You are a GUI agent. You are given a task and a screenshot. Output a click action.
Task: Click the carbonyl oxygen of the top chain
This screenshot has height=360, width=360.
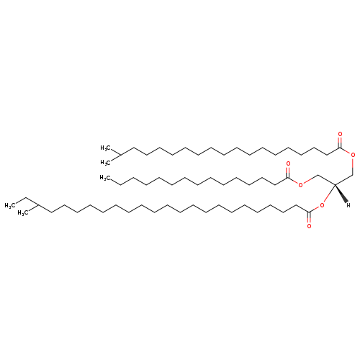pos(340,134)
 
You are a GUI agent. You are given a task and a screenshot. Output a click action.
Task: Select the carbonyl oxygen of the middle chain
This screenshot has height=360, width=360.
pos(288,164)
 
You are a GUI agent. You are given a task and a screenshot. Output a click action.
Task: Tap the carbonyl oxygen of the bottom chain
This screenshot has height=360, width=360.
pos(309,226)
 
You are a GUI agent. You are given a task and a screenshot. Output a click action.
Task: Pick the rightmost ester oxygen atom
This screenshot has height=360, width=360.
pos(353,155)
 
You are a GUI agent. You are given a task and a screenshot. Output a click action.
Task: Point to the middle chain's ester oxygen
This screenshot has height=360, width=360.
pos(300,185)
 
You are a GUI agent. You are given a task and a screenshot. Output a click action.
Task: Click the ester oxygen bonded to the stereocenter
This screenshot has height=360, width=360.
pos(322,205)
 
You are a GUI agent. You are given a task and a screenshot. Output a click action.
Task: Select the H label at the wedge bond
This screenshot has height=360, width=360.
pos(348,205)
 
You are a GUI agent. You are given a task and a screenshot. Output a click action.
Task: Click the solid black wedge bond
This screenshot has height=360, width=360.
pos(341,193)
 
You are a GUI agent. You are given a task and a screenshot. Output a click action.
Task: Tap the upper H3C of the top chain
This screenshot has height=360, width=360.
pos(105,148)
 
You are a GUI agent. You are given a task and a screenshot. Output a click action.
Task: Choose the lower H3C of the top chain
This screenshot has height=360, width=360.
pos(105,163)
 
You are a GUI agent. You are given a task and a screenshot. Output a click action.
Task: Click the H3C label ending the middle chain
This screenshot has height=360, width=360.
pos(105,178)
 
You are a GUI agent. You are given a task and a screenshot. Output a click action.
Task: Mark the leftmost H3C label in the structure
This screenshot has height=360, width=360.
pos(10,205)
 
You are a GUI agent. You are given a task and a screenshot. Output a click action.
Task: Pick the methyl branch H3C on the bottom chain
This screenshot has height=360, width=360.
pos(23,213)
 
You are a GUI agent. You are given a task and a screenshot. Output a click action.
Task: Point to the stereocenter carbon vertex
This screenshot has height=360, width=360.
pos(335,184)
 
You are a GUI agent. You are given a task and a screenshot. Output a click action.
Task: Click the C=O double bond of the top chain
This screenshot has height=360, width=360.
pos(340,143)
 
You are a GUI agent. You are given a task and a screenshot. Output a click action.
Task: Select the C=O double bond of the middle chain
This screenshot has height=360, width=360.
pos(288,172)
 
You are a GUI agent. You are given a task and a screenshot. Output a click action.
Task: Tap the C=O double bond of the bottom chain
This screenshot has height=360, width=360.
pos(309,217)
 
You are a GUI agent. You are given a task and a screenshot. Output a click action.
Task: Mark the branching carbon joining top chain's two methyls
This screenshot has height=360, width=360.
pos(120,156)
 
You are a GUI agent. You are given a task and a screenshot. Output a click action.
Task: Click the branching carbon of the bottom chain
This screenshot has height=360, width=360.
pos(38,205)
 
